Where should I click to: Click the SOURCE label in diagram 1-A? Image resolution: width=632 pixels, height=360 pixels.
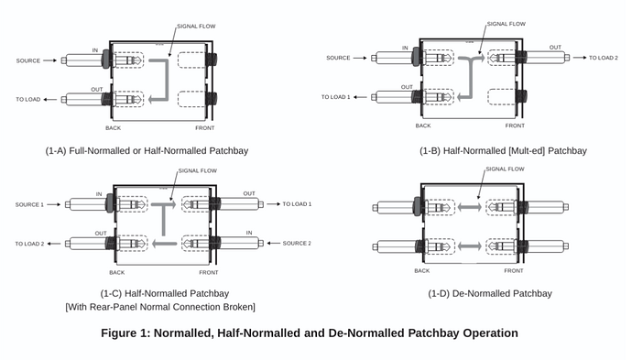point(27,60)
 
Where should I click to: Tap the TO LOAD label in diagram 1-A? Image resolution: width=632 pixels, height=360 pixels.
point(27,99)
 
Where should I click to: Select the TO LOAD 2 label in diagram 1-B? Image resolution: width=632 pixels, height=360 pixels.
point(603,58)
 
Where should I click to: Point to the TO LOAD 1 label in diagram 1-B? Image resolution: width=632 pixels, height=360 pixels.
point(335,97)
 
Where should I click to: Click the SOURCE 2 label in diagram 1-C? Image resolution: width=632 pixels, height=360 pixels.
point(297,243)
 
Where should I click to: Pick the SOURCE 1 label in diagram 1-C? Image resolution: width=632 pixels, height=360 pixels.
point(29,204)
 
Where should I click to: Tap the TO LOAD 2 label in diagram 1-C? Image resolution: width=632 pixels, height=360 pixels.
point(29,244)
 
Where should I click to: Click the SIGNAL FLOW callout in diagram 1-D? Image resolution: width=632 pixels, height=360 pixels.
point(505,169)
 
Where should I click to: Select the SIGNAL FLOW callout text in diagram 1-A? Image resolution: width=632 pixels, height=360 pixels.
point(196,27)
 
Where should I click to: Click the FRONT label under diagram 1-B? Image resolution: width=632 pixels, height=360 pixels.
point(515,125)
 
